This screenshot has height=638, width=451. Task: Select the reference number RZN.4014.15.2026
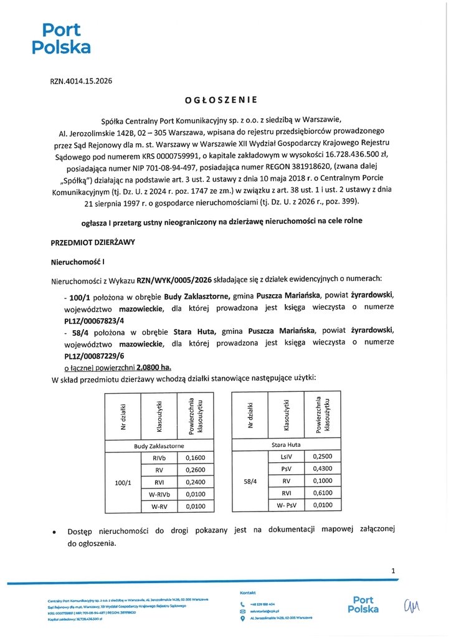point(81,81)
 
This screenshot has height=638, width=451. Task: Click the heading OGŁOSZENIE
point(221,99)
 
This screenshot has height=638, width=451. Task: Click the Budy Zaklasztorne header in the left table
point(159,446)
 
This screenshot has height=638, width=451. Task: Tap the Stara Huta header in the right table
point(286,445)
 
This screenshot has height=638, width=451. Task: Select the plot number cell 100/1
point(123,483)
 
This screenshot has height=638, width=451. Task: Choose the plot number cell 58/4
point(250,482)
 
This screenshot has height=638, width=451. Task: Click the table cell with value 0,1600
point(194,458)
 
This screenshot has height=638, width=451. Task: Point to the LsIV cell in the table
point(286,457)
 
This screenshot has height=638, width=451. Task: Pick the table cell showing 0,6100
point(322,493)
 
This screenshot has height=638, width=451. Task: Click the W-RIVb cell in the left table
point(159,495)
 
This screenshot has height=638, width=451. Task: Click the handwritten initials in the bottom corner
point(412,604)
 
